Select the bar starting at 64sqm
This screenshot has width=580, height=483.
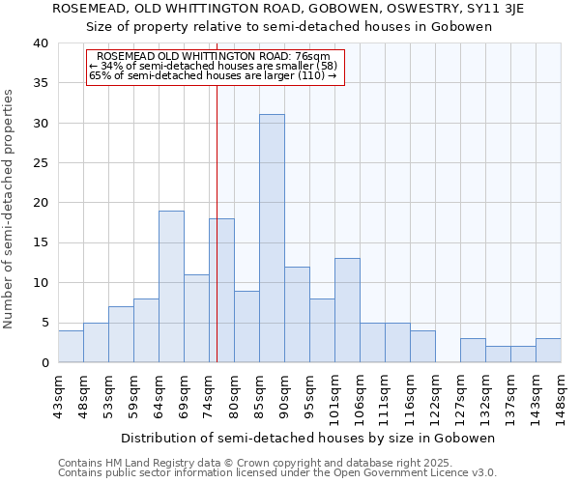171,287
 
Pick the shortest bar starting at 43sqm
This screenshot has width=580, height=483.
71,347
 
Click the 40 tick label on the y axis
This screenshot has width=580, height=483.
41,43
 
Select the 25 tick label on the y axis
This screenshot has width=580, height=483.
41,163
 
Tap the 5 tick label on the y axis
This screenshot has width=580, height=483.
44,323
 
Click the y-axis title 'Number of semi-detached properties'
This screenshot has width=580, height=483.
9,209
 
